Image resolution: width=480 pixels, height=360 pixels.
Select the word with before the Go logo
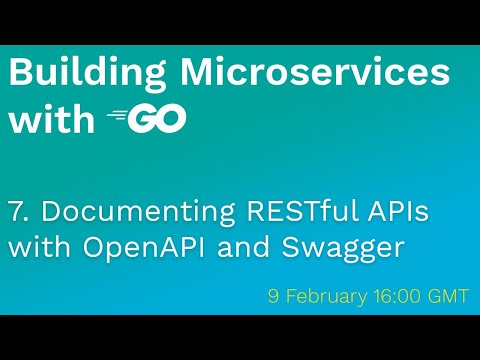coord(51,119)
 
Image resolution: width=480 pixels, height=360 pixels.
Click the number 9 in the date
coord(273,296)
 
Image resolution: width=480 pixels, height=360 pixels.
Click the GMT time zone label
coord(447,296)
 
